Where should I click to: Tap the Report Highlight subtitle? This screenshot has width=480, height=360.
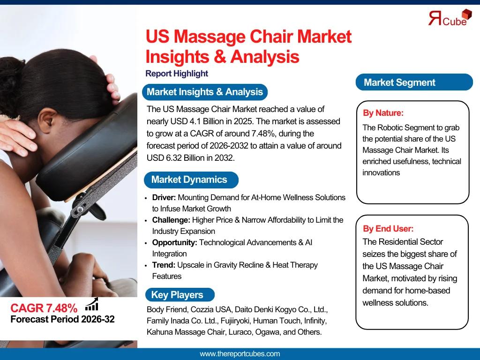point(177,74)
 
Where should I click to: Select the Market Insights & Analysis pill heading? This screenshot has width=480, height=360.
point(205,92)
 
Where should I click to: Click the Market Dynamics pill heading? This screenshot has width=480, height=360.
point(191,180)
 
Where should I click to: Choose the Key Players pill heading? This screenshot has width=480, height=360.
point(180,294)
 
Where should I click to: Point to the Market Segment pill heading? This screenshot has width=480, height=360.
point(414,82)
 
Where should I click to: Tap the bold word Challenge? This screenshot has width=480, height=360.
point(171,220)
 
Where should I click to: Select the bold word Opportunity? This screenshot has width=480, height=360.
point(174,243)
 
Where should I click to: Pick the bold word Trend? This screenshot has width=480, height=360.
point(164,265)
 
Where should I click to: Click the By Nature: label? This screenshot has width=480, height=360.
point(383,113)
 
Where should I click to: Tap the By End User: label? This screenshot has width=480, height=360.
point(388,229)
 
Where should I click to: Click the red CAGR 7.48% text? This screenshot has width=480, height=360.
point(44,308)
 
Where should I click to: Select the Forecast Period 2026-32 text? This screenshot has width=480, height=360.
point(62,319)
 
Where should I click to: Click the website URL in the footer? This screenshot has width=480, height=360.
point(240,354)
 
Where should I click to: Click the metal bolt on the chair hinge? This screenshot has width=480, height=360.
point(80,210)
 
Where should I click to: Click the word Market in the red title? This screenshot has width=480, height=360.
point(324,37)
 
